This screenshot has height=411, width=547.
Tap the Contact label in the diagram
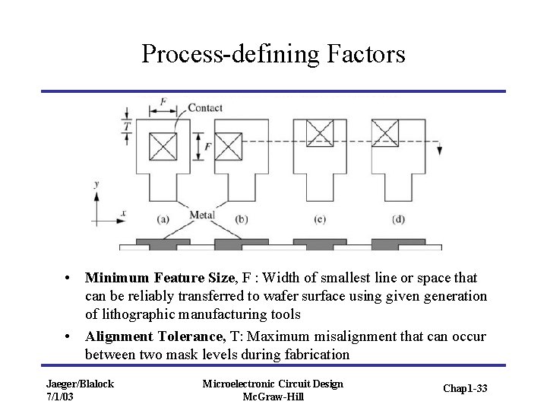coord(205,107)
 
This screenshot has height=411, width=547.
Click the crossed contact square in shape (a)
coord(163,146)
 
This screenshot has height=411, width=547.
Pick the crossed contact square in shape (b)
coord(229,146)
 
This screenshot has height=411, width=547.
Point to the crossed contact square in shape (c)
coord(320,134)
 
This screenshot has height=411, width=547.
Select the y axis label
coord(96,183)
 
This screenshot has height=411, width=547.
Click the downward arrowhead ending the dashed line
coord(440,151)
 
